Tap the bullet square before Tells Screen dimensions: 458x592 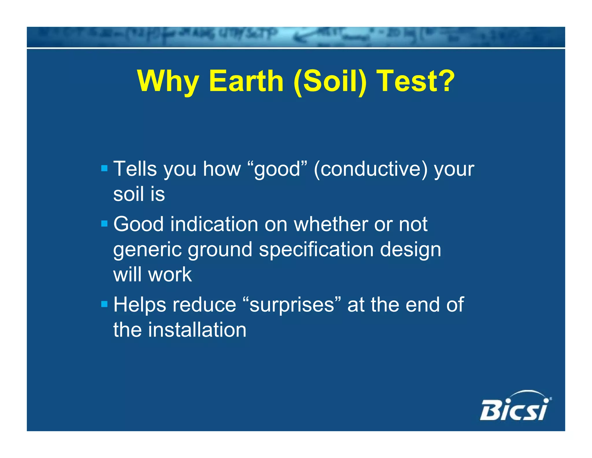(x=104, y=168)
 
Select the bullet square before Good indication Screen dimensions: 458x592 (x=104, y=223)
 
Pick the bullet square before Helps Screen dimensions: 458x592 (x=104, y=304)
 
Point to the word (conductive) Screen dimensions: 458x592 (x=370, y=169)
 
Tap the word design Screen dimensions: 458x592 (x=410, y=250)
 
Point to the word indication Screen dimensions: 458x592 (x=214, y=224)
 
